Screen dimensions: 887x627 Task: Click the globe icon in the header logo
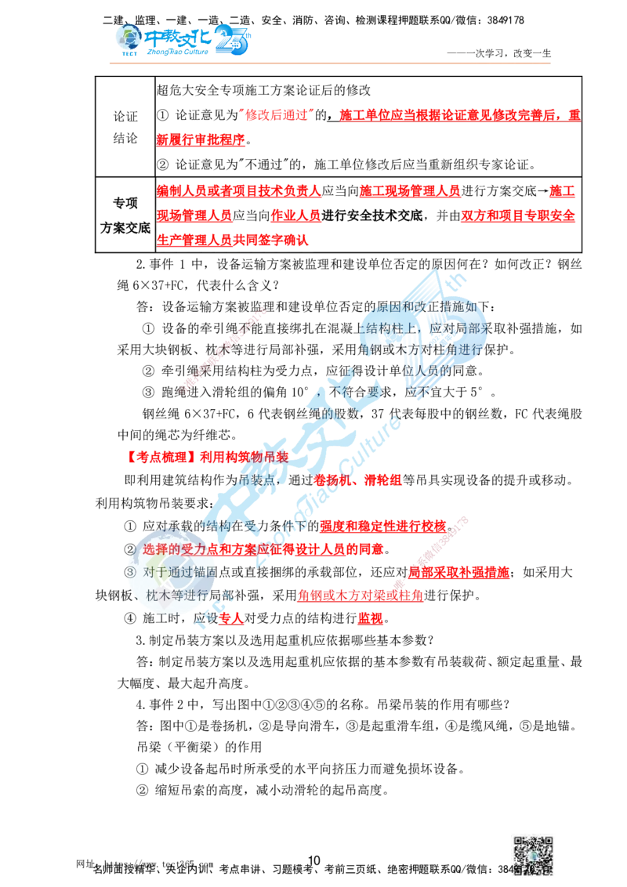pos(125,38)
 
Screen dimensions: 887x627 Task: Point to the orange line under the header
pos(329,63)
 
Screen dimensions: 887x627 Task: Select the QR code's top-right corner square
pos(548,842)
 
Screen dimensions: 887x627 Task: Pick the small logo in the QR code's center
pos(533,857)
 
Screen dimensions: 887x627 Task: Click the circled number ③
pos(131,573)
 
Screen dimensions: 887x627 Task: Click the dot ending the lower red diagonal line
pos(397,581)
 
